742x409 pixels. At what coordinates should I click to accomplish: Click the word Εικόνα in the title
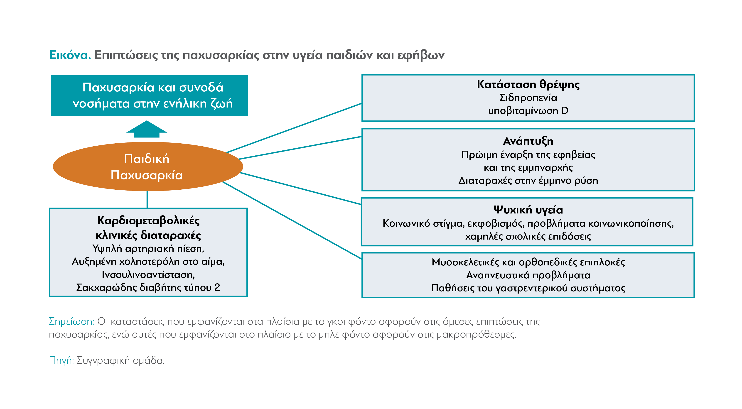click(x=70, y=55)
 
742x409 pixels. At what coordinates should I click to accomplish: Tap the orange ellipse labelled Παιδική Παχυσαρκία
click(x=148, y=167)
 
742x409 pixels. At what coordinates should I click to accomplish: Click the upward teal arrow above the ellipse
click(x=147, y=129)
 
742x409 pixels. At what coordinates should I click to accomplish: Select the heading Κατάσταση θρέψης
click(x=528, y=85)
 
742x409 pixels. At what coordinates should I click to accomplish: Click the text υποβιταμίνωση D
click(x=528, y=111)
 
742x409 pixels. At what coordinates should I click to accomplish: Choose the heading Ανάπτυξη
click(x=528, y=141)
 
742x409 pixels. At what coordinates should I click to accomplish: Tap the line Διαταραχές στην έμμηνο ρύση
click(x=528, y=181)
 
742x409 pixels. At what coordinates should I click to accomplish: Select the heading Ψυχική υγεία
click(x=528, y=210)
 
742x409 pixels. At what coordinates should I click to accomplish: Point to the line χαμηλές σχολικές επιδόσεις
click(x=528, y=236)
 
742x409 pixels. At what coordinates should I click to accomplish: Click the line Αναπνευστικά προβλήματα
click(x=528, y=275)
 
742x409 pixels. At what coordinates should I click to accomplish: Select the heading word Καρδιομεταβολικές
click(x=148, y=221)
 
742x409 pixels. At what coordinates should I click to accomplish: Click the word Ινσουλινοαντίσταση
click(x=148, y=275)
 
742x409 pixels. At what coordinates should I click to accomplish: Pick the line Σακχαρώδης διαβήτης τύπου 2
click(x=148, y=288)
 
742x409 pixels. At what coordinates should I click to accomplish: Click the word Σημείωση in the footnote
click(x=71, y=321)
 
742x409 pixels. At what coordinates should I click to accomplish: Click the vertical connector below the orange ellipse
click(x=147, y=200)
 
